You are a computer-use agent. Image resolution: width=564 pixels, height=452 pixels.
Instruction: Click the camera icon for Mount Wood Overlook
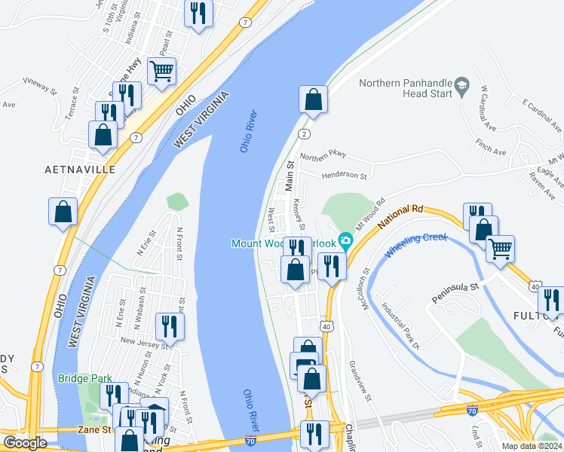click(346, 242)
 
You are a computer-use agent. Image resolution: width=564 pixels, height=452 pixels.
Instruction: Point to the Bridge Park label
click(83, 378)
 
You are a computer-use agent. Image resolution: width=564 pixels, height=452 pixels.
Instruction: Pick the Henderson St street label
click(344, 176)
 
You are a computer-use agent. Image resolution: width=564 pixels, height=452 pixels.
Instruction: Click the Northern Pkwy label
click(323, 155)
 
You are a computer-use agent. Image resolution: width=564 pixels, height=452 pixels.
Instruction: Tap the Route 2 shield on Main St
click(303, 133)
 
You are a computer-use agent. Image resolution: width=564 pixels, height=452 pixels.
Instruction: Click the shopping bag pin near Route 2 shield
click(312, 100)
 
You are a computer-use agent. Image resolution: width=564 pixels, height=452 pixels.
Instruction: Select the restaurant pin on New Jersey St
click(170, 327)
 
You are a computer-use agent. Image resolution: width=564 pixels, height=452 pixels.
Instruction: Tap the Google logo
click(25, 443)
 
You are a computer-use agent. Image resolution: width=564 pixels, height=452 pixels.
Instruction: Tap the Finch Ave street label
click(490, 151)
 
